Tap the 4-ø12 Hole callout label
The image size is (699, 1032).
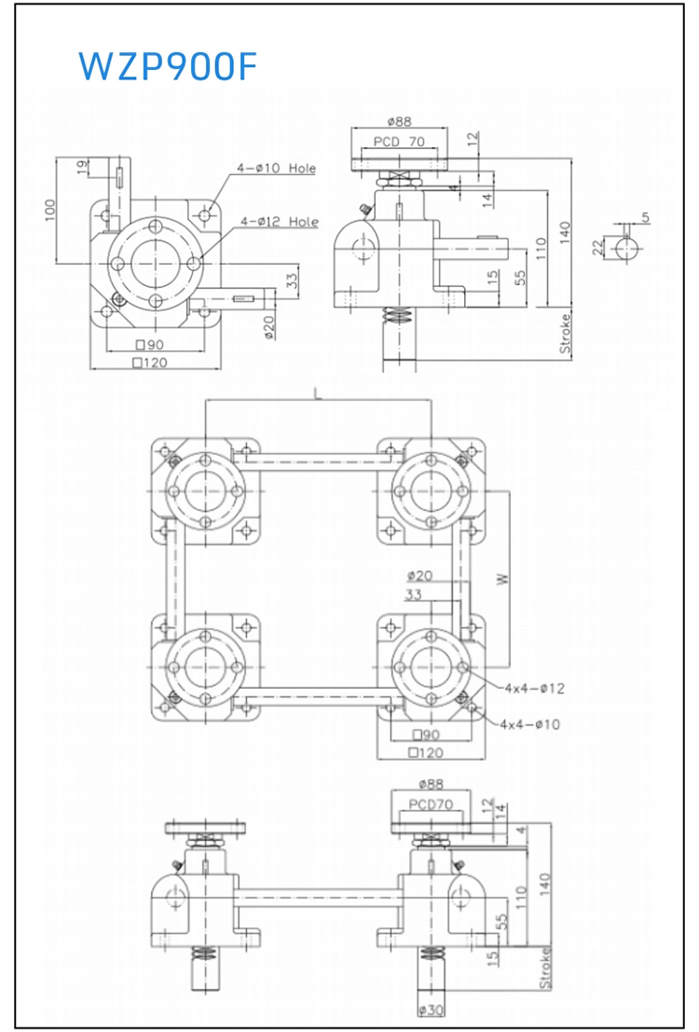(279, 222)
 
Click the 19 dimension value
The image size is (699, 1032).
(81, 168)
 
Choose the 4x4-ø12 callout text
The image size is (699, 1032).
(534, 688)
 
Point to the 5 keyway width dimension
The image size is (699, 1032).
(645, 218)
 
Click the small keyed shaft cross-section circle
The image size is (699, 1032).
(623, 248)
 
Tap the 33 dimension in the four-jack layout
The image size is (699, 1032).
(414, 594)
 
